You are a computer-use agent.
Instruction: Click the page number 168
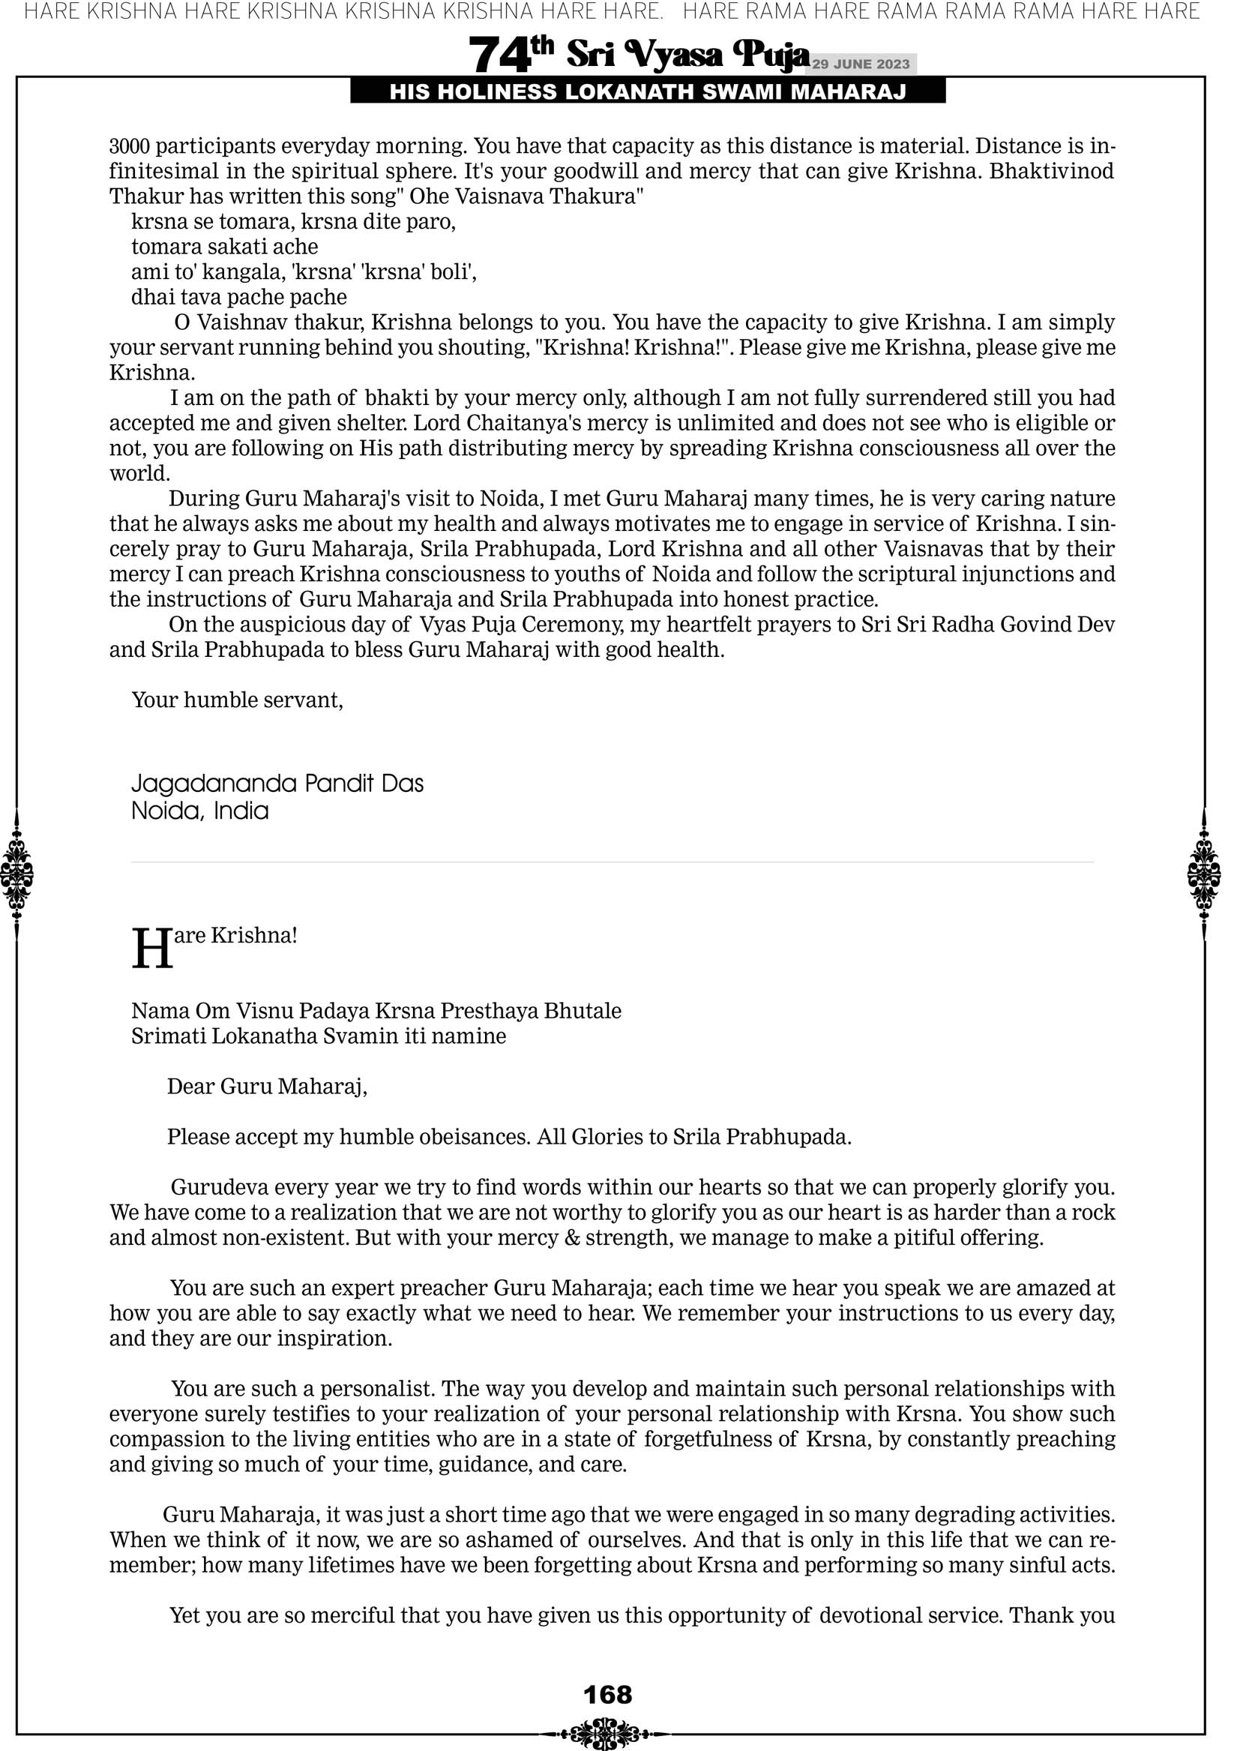607,1695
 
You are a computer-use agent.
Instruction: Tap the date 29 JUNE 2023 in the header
860,64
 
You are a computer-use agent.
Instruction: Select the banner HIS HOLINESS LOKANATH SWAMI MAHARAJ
648,92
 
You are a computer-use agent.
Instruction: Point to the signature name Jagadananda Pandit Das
277,783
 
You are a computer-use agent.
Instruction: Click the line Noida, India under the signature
200,810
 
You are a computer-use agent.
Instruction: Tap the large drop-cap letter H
151,949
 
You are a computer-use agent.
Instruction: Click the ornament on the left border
16,873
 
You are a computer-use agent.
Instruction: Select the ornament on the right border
1204,873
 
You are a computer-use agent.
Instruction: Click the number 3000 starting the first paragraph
129,146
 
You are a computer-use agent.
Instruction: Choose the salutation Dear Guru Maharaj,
267,1086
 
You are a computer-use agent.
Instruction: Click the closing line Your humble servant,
237,700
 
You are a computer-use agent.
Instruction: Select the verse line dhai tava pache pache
238,298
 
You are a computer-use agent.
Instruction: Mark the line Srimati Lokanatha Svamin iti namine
318,1036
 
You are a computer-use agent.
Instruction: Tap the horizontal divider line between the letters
612,862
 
